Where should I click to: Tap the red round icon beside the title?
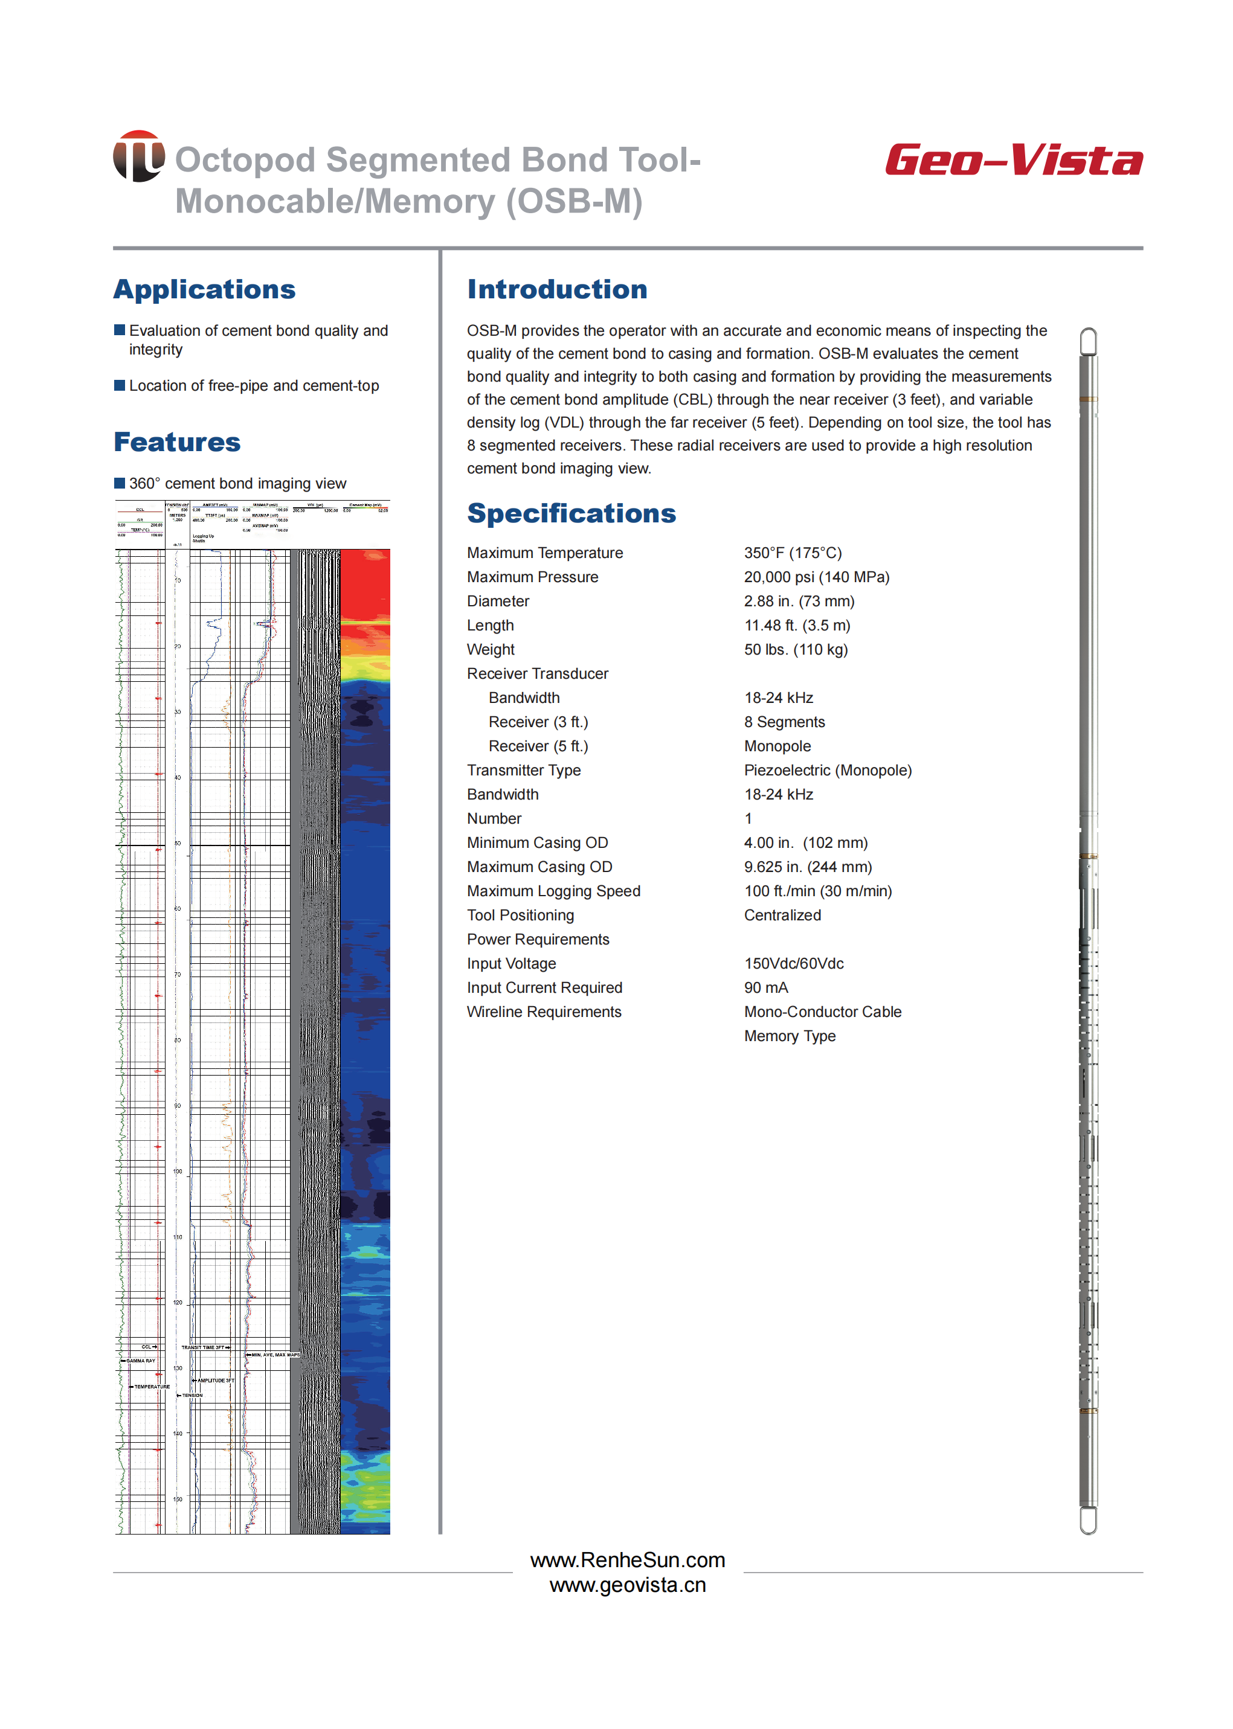click(x=139, y=156)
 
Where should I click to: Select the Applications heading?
click(x=204, y=289)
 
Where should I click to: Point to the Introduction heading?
click(x=556, y=289)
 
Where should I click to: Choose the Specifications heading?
click(x=571, y=513)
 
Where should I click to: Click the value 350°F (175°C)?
click(x=792, y=553)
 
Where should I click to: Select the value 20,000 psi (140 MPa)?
click(x=816, y=577)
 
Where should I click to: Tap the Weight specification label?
click(x=491, y=650)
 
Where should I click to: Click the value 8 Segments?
click(x=784, y=722)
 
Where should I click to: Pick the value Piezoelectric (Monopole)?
click(x=827, y=771)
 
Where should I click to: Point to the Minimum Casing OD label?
click(x=537, y=842)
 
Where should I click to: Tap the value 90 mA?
click(x=765, y=987)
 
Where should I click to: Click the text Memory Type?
click(x=789, y=1036)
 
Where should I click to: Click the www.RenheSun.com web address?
click(x=627, y=1560)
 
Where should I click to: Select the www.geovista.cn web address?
click(x=627, y=1585)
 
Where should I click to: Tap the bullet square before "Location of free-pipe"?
click(x=119, y=385)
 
